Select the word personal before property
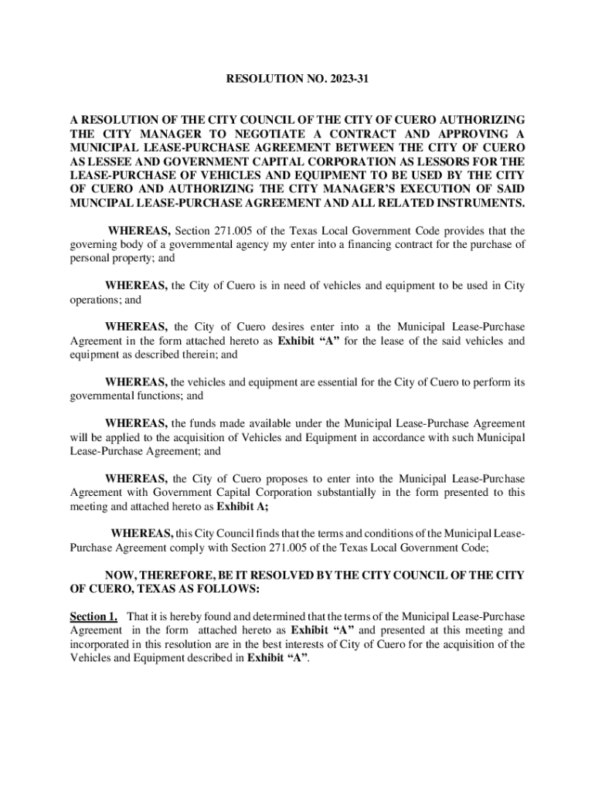tap(90, 258)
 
